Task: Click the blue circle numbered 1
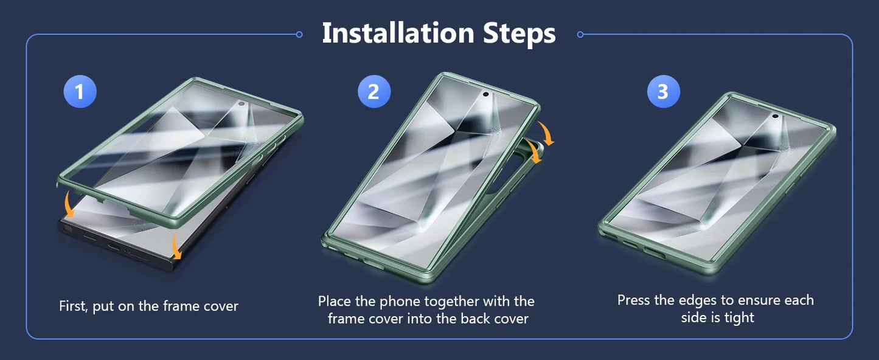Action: (x=80, y=91)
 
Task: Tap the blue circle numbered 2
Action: (x=374, y=91)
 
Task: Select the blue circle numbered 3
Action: (x=664, y=91)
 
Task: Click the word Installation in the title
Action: (x=398, y=33)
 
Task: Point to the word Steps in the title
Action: (x=519, y=34)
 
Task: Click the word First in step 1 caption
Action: (x=74, y=306)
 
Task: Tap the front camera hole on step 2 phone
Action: (x=485, y=94)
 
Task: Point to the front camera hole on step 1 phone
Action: (x=241, y=104)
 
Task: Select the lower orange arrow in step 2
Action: (x=535, y=151)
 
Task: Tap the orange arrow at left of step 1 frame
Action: (x=68, y=204)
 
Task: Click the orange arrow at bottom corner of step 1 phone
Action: (x=176, y=246)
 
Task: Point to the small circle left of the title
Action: (x=299, y=35)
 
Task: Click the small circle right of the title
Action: (x=580, y=35)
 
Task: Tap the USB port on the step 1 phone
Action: (x=114, y=247)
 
